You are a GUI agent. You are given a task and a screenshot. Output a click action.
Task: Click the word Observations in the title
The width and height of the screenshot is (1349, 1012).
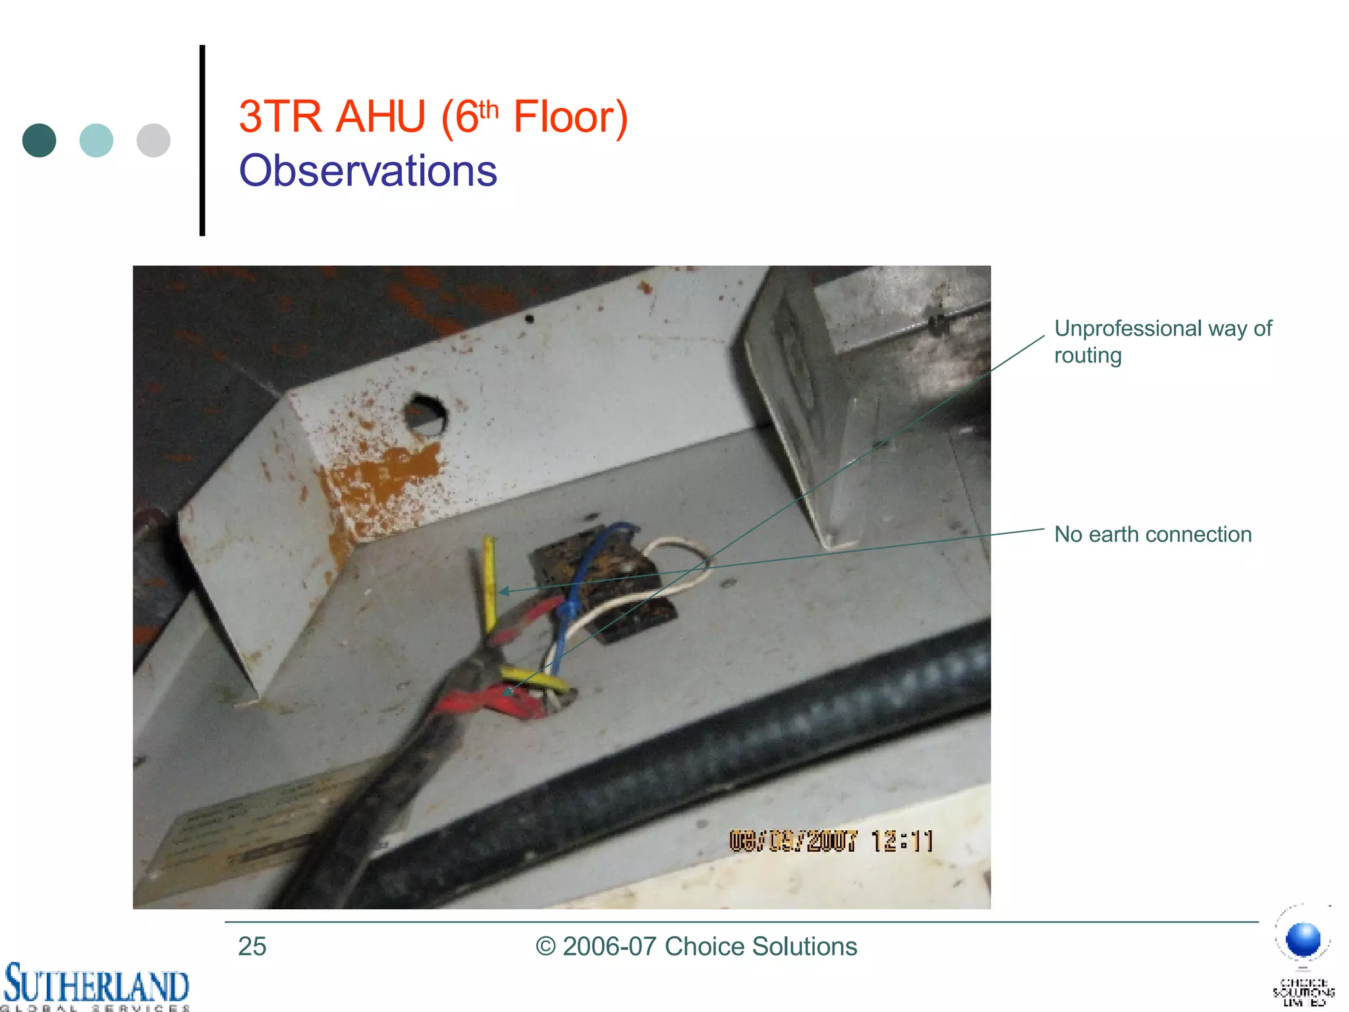[x=368, y=171]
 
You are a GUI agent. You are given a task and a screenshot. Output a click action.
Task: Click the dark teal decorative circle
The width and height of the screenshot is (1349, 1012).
[x=39, y=140]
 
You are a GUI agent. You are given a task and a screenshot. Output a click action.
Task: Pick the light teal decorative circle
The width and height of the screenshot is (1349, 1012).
[x=96, y=140]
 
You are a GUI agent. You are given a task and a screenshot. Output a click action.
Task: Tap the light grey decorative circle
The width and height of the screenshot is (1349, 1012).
[x=153, y=140]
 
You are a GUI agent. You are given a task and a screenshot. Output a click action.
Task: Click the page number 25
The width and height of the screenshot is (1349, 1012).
[x=252, y=946]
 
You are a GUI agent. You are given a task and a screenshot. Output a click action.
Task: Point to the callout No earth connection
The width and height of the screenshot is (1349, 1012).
[x=1152, y=534]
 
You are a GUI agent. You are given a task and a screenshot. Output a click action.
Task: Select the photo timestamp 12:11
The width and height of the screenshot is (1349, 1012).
[x=902, y=841]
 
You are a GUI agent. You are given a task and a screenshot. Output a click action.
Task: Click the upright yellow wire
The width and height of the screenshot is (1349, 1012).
[x=489, y=580]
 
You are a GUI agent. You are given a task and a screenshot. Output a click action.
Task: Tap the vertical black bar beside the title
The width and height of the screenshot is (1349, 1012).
[x=202, y=140]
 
